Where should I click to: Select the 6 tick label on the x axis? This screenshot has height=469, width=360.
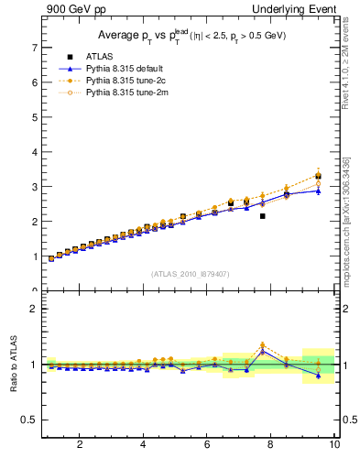click(x=207, y=445)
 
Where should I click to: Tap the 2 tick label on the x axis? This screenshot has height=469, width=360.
click(x=80, y=445)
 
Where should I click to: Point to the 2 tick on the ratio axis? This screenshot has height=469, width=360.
click(x=34, y=309)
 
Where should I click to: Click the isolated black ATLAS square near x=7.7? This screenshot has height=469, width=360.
click(x=262, y=216)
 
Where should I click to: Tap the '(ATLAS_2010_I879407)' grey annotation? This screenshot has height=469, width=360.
click(x=189, y=274)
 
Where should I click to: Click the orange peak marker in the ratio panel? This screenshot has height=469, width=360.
click(x=262, y=345)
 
